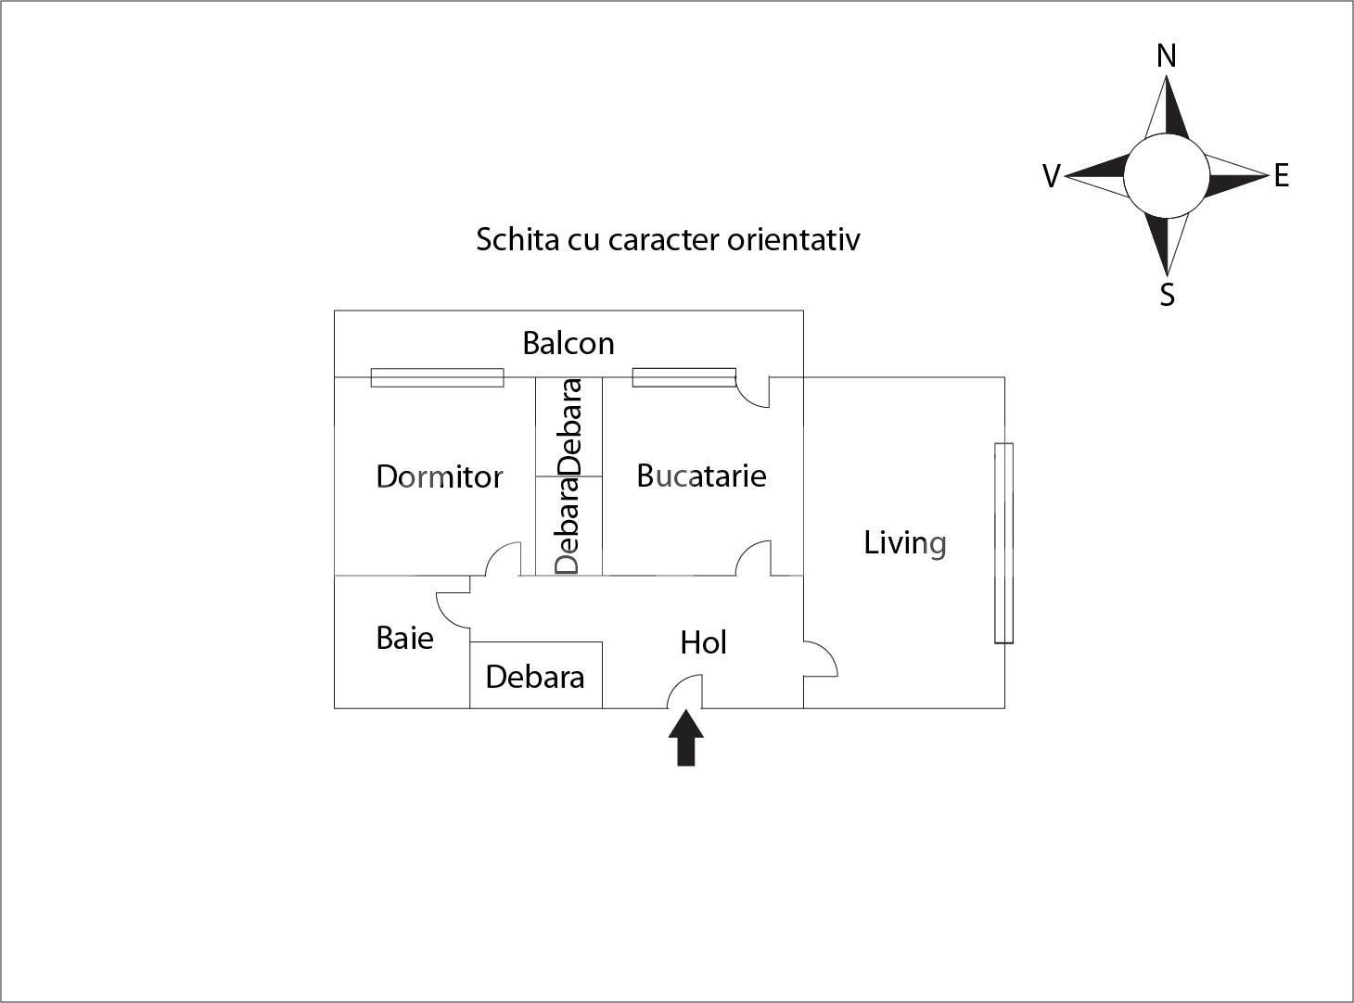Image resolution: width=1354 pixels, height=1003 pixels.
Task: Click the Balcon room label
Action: (x=568, y=344)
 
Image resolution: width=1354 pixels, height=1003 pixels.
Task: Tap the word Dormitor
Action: (x=439, y=476)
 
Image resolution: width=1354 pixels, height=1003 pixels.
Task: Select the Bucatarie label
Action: (x=701, y=476)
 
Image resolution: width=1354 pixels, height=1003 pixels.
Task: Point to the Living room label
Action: (x=904, y=543)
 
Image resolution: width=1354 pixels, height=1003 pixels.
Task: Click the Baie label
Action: (x=404, y=638)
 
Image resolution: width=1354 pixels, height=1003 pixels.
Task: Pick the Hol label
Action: (x=703, y=642)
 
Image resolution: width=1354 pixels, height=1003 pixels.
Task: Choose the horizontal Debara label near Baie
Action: (x=534, y=677)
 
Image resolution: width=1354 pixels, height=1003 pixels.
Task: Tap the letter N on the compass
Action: (x=1167, y=57)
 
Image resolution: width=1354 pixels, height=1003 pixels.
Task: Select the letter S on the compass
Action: (x=1167, y=295)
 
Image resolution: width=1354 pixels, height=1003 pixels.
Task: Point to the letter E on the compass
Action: (x=1281, y=175)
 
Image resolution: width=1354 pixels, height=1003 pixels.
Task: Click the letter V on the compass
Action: (x=1051, y=176)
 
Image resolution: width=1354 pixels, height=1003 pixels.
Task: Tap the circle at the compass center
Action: (x=1167, y=175)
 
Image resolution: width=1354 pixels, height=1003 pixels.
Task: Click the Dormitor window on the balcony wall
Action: (x=437, y=377)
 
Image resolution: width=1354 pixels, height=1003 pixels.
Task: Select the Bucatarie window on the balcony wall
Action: (x=683, y=377)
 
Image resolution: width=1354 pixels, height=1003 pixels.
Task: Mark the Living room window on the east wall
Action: (x=1003, y=543)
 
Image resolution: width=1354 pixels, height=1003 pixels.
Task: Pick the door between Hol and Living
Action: (x=820, y=659)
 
